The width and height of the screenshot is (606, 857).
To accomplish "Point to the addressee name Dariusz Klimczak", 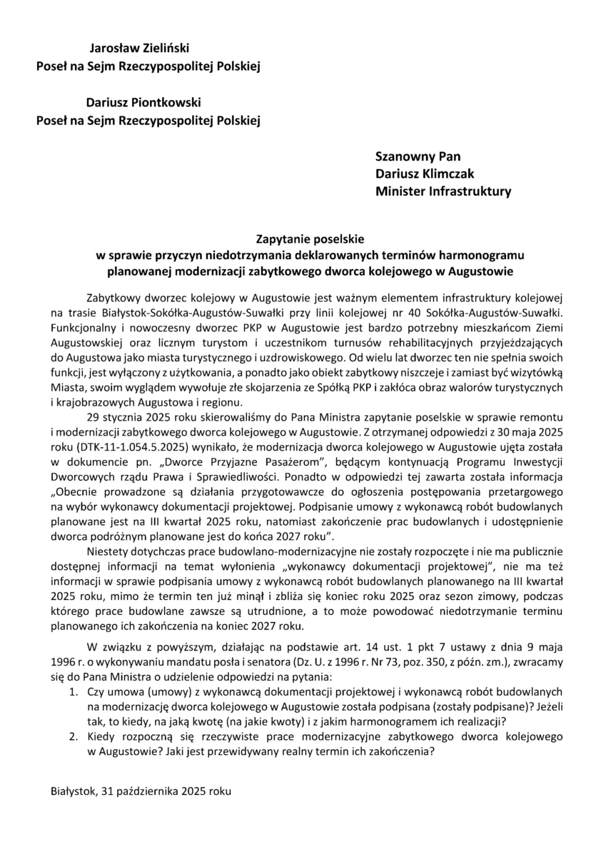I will [x=425, y=174].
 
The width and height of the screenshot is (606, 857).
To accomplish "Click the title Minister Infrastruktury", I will [x=443, y=191].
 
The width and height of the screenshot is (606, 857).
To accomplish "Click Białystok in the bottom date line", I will [x=74, y=791].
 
